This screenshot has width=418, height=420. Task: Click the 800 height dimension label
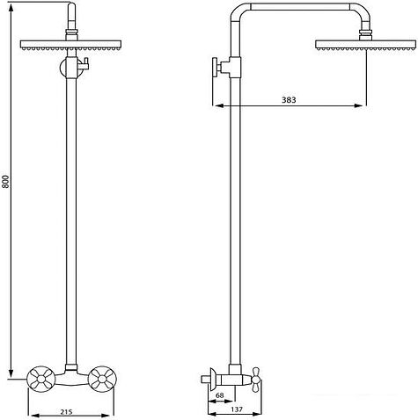click(x=7, y=182)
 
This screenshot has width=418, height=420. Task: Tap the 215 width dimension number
click(x=67, y=411)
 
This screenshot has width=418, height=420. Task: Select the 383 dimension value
click(x=289, y=100)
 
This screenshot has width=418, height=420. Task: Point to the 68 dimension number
click(x=220, y=395)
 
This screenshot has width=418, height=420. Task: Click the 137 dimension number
click(x=237, y=409)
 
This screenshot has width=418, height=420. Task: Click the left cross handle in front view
click(x=41, y=380)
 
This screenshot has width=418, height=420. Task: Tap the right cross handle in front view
click(x=102, y=380)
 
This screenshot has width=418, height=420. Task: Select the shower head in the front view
click(x=70, y=45)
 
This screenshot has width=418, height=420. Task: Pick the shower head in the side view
click(x=366, y=45)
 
